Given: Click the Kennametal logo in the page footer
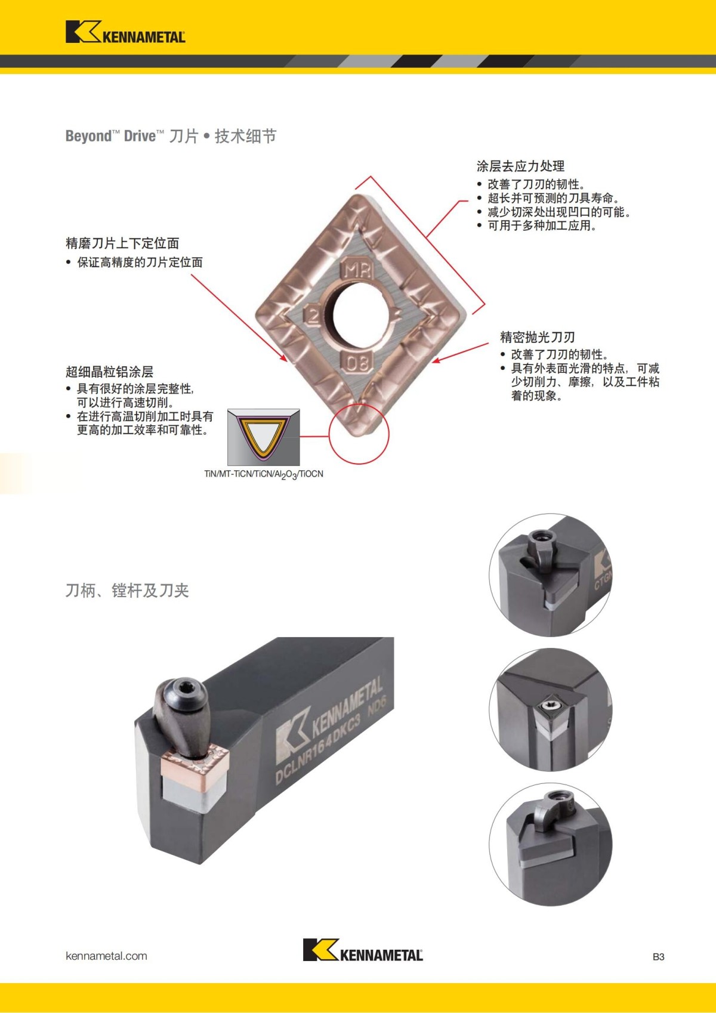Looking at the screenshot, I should [x=363, y=949].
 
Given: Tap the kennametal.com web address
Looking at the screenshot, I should [x=106, y=956].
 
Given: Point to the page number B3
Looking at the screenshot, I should [x=658, y=957].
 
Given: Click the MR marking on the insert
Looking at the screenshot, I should [x=357, y=270].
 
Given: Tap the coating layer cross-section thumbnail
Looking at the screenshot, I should [x=263, y=437].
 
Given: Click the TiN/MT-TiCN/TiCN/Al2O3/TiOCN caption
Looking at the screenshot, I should [x=264, y=474].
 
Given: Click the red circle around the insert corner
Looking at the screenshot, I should [x=359, y=434].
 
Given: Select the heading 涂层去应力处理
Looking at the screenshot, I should [x=520, y=166].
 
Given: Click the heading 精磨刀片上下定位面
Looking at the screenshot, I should [x=122, y=243].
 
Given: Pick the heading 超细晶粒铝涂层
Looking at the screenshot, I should [x=109, y=372].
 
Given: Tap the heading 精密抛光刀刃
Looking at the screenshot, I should [x=537, y=337].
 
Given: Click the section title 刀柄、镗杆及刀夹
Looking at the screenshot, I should [x=127, y=591].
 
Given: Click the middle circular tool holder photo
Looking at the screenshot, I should [x=550, y=710].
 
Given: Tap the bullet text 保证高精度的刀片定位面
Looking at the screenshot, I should [x=140, y=262].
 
